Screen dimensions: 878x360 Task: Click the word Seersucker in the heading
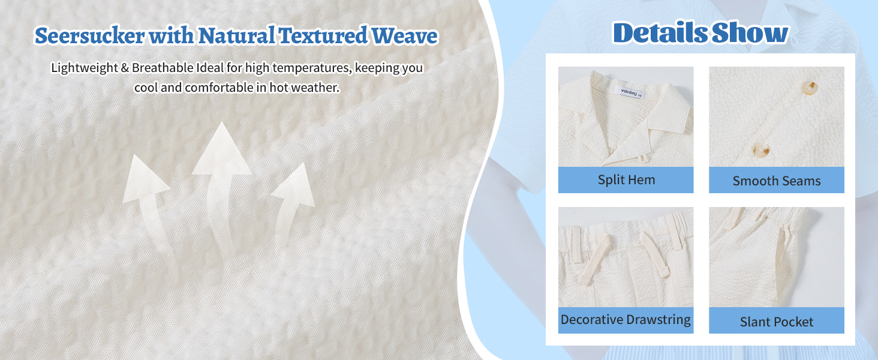[90, 36]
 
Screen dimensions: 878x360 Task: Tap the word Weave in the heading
[404, 36]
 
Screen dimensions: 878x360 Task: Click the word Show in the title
[750, 33]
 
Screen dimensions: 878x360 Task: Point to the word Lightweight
[85, 68]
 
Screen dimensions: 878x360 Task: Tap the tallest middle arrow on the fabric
[222, 184]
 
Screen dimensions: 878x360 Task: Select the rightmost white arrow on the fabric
[293, 200]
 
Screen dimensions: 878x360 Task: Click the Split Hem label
[626, 180]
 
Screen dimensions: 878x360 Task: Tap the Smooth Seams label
[777, 181]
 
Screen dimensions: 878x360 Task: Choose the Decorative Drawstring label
[626, 320]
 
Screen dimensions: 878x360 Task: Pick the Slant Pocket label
[777, 322]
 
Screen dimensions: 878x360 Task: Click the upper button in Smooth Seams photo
[810, 88]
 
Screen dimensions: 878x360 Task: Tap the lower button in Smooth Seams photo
[761, 150]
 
